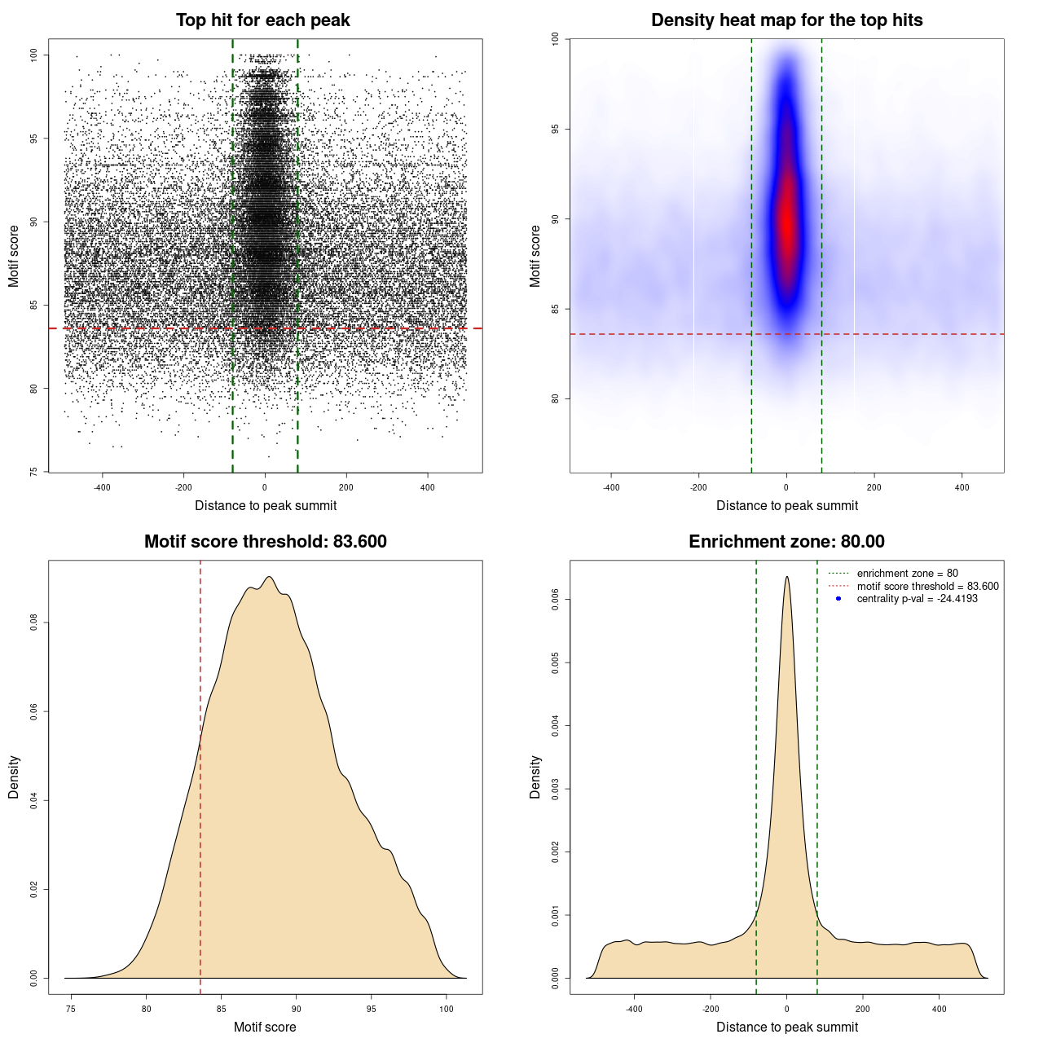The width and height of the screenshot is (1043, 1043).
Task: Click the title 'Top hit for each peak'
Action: [263, 20]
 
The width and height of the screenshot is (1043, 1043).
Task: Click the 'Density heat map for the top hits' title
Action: [786, 20]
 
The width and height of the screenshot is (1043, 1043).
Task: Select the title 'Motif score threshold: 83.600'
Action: [265, 542]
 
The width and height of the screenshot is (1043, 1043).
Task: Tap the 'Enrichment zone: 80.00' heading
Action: [786, 542]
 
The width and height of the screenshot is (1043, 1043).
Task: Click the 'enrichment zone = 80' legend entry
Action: [907, 574]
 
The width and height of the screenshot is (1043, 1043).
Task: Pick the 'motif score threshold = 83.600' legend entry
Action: [927, 587]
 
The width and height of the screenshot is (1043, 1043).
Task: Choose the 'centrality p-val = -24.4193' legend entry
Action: [917, 599]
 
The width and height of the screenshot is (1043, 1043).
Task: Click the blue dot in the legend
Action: [838, 599]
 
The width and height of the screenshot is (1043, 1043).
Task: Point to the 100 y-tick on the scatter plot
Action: [34, 55]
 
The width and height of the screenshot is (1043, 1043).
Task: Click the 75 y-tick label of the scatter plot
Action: [34, 471]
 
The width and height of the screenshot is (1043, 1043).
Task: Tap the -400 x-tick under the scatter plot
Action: [102, 488]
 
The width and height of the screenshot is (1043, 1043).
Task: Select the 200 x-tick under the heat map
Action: [874, 488]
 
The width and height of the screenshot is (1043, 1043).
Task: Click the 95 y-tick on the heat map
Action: [556, 129]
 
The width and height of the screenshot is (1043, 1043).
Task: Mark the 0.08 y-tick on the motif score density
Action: [34, 623]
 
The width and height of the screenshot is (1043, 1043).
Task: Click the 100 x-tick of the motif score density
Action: [447, 1009]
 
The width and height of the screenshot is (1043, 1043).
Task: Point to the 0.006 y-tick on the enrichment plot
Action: [556, 600]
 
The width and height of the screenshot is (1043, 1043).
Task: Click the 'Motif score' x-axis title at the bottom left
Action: [265, 1028]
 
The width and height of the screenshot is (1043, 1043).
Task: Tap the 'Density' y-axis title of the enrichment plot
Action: [535, 777]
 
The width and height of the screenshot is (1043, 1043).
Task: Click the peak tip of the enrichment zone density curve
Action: [786, 578]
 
